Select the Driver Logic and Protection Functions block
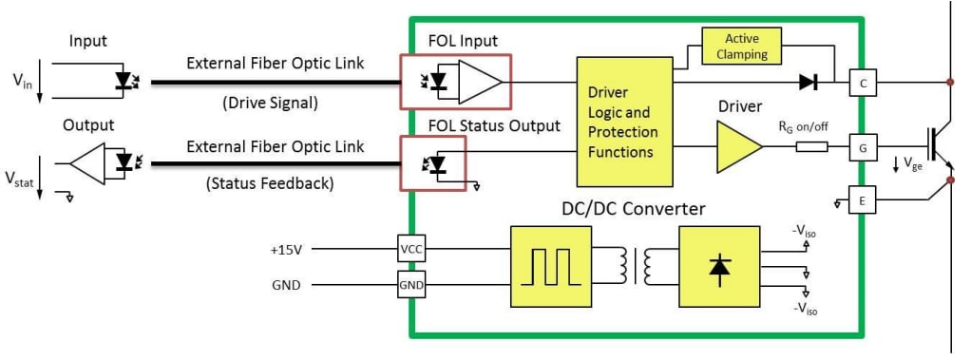click(x=623, y=121)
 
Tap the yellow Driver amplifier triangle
click(x=737, y=147)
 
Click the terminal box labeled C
click(x=862, y=83)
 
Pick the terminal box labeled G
click(x=862, y=147)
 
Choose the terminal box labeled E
click(x=862, y=199)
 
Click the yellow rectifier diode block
click(x=718, y=267)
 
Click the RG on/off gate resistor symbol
click(x=811, y=147)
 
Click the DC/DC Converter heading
click(x=632, y=207)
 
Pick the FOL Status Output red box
click(x=433, y=163)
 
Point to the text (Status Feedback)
click(x=270, y=183)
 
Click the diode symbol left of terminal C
click(x=809, y=83)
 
